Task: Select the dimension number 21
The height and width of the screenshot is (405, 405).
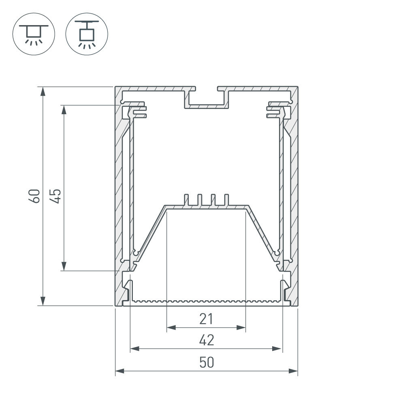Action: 206,319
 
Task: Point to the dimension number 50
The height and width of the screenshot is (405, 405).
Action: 207,362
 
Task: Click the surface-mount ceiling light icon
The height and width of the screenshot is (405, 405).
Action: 34,34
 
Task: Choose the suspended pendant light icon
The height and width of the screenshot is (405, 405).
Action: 87,34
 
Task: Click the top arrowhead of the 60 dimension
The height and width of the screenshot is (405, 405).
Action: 43,91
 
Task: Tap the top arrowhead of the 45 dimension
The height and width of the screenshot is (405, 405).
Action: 64,109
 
